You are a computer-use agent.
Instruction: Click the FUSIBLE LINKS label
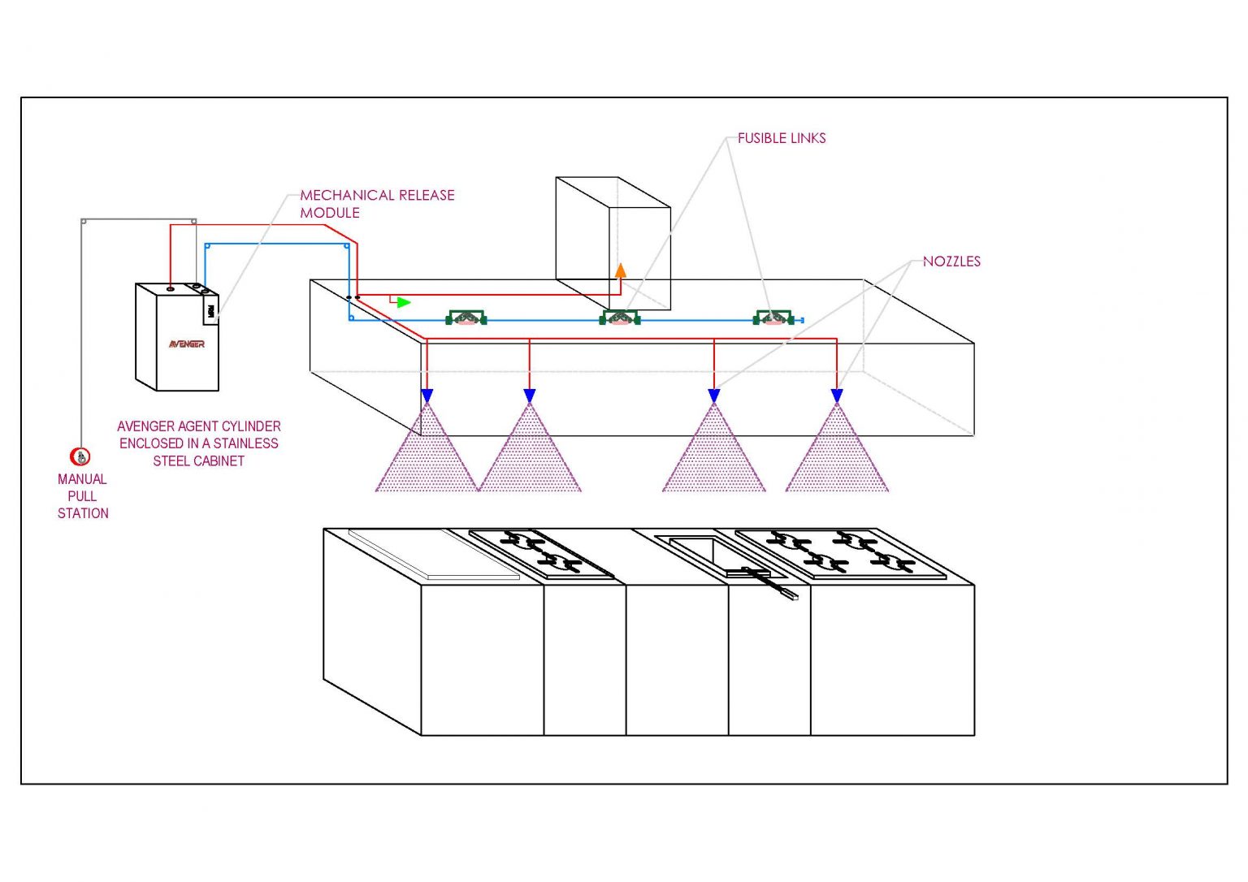click(x=782, y=139)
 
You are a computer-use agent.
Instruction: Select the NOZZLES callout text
click(x=951, y=262)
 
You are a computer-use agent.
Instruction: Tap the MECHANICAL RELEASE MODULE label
click(x=377, y=204)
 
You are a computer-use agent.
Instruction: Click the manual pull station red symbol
click(x=80, y=457)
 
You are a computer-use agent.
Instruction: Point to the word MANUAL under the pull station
click(x=82, y=479)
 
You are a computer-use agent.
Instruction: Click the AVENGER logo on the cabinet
click(x=187, y=344)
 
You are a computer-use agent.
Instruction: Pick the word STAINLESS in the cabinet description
click(x=246, y=443)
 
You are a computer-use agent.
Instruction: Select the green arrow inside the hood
click(x=403, y=302)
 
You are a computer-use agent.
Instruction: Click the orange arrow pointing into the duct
click(x=621, y=270)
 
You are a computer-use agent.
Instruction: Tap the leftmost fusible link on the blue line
click(x=466, y=318)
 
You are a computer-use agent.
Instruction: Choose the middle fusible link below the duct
click(x=620, y=318)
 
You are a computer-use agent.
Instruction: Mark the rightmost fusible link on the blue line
click(x=773, y=318)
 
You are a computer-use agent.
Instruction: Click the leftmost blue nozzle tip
click(x=427, y=396)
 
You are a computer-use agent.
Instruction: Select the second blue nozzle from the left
click(x=530, y=396)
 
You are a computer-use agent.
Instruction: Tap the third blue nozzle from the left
click(x=714, y=396)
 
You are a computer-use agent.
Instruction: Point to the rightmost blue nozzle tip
click(x=837, y=396)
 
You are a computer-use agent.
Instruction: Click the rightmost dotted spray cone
click(x=837, y=459)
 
